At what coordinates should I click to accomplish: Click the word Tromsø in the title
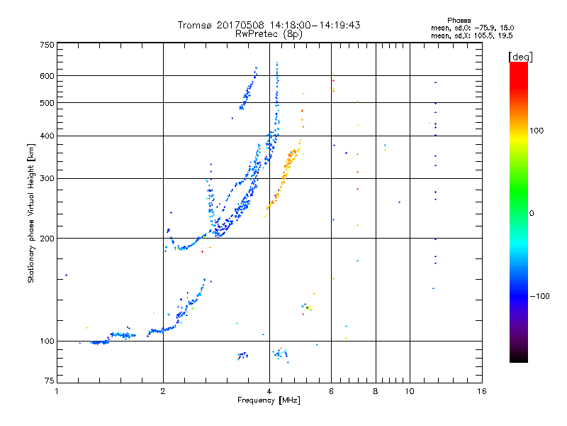tap(196, 25)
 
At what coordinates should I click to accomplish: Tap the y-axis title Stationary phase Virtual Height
tap(31, 214)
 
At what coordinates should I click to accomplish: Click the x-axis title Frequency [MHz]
tap(269, 401)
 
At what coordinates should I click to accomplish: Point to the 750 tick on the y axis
tap(46, 45)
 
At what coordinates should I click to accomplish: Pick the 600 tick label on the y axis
tap(46, 76)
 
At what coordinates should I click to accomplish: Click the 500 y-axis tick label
tap(46, 103)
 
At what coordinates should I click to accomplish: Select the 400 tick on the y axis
tap(46, 136)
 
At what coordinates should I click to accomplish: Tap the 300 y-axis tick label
tap(46, 178)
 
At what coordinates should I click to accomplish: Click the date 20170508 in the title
tap(242, 25)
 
